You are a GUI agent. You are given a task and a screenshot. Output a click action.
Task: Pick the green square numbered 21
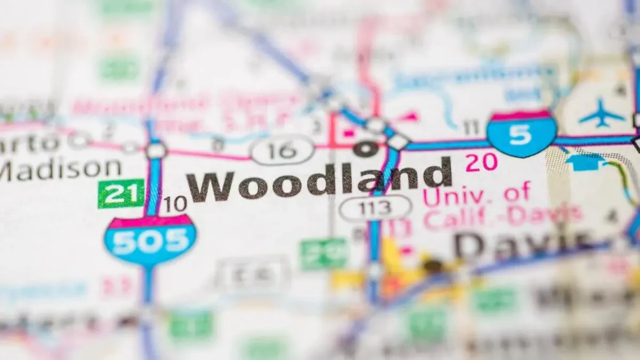click(121, 193)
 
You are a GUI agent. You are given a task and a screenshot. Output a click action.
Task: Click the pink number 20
click(481, 162)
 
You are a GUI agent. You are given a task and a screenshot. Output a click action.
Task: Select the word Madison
click(61, 169)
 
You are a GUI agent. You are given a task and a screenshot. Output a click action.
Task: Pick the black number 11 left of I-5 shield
click(471, 127)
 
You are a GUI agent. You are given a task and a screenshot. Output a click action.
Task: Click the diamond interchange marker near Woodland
click(397, 141)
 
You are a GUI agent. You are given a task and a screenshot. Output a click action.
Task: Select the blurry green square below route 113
click(323, 253)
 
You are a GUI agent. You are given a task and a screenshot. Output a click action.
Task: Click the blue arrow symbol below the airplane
click(585, 161)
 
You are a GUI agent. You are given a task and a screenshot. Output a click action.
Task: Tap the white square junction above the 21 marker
click(156, 151)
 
